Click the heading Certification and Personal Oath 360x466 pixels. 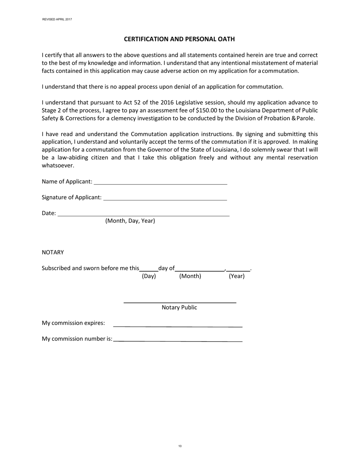[x=180, y=39]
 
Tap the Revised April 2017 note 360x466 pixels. [x=57, y=19]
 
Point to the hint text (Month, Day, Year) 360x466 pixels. [x=130, y=221]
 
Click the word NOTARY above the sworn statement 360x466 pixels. [x=53, y=252]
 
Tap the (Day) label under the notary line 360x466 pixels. [x=149, y=276]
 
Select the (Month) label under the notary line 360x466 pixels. [x=190, y=276]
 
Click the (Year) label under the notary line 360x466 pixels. [x=236, y=276]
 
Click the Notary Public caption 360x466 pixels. [x=179, y=308]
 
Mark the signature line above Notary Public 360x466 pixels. [x=180, y=302]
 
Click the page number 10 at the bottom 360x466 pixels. [x=180, y=446]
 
